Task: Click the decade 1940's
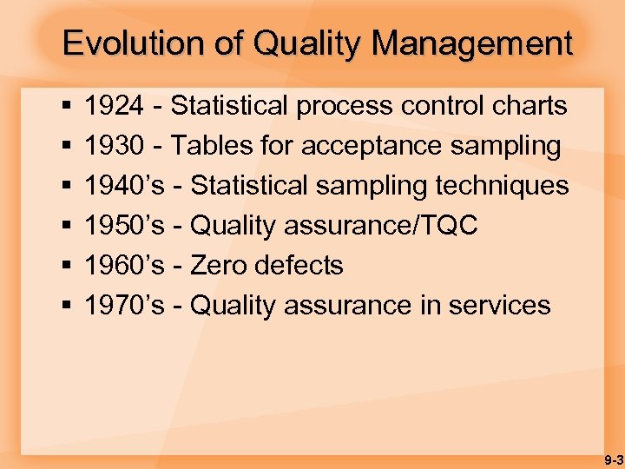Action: [124, 186]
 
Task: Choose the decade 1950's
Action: [124, 226]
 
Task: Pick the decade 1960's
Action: [124, 266]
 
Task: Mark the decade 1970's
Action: [124, 306]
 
